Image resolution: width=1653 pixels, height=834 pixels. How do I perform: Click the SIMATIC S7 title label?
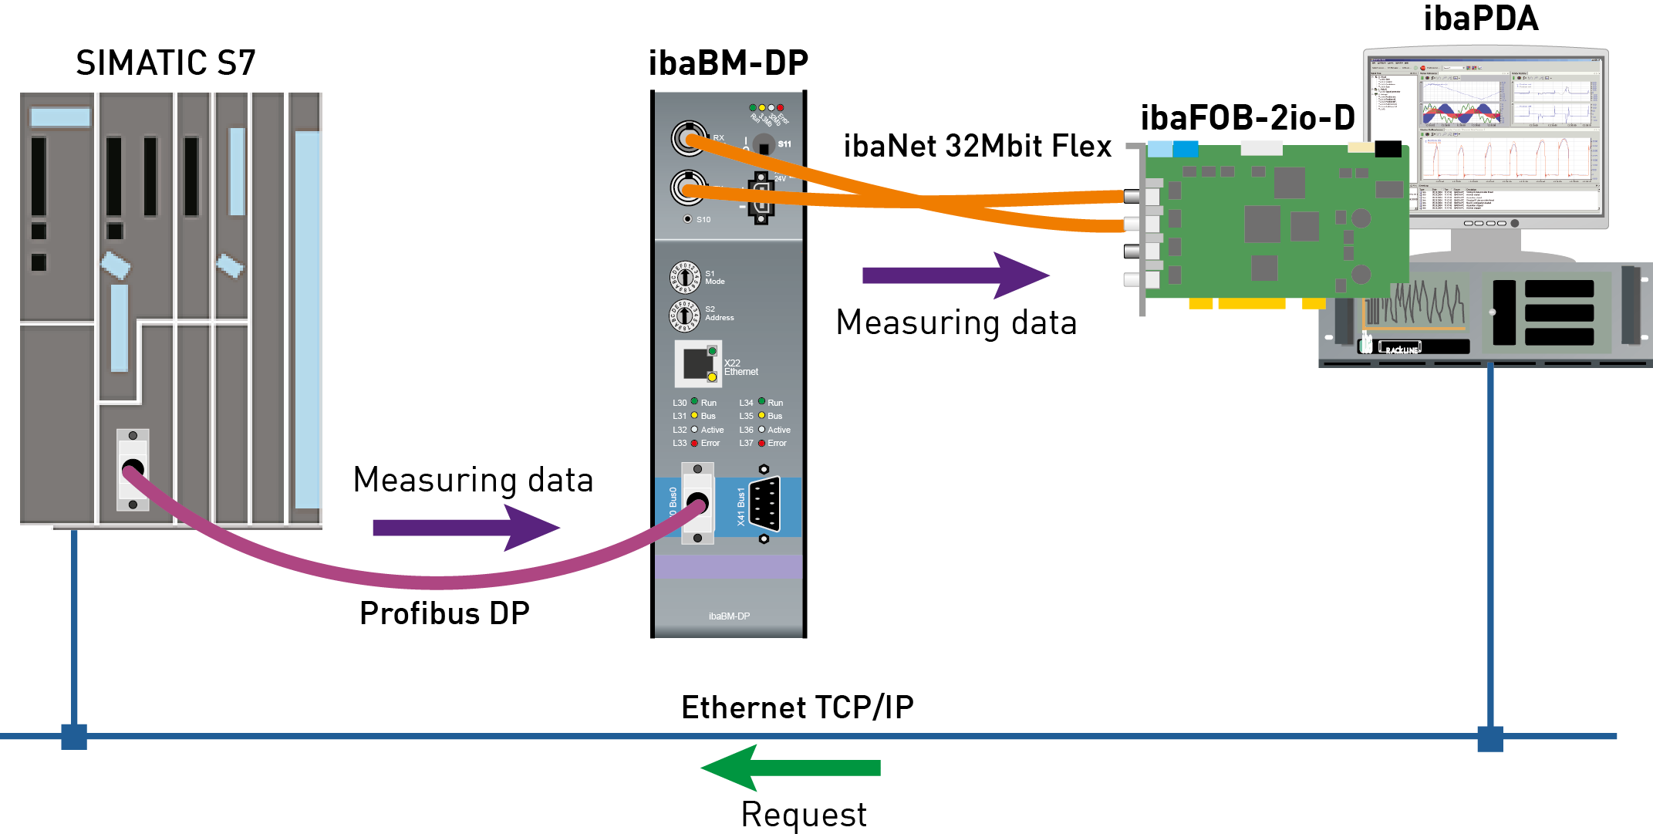(x=165, y=63)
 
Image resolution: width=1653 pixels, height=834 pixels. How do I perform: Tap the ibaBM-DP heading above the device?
(x=728, y=63)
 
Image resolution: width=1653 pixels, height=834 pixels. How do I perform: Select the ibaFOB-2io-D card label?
(x=1247, y=118)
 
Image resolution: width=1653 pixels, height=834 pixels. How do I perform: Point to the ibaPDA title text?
(x=1480, y=19)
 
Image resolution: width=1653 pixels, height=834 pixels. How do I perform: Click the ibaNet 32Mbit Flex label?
(x=977, y=147)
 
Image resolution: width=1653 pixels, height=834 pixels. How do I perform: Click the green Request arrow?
(x=791, y=768)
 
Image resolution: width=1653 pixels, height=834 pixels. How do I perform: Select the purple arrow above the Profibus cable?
(x=466, y=528)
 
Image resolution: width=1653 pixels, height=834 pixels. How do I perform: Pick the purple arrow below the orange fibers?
(x=956, y=275)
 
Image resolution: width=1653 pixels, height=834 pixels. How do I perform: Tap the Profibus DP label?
(x=444, y=613)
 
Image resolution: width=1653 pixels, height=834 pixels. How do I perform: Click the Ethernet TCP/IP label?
(x=797, y=707)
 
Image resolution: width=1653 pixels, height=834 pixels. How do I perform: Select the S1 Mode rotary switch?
(x=684, y=278)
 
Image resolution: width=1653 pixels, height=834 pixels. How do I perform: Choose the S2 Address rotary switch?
(x=684, y=314)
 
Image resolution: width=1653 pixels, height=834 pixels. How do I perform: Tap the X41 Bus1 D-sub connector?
(x=764, y=505)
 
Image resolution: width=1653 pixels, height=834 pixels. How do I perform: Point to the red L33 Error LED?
(x=694, y=443)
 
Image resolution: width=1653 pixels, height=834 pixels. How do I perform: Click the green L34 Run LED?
(x=761, y=402)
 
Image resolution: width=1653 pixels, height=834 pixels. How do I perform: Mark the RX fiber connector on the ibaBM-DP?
(x=687, y=139)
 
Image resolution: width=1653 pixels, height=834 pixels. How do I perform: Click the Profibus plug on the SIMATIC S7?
(x=133, y=469)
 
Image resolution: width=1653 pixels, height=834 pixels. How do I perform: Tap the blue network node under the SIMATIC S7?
(x=74, y=737)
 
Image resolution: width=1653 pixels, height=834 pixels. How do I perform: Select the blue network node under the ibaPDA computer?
(x=1490, y=738)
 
